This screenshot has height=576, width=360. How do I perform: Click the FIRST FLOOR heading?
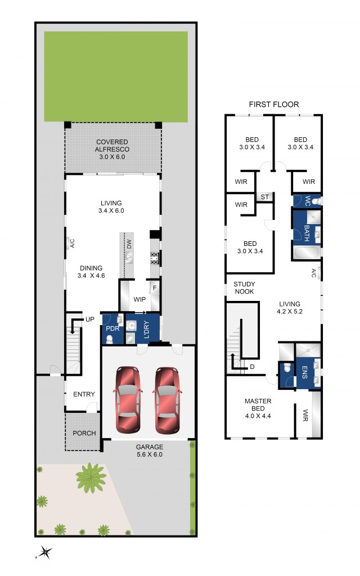click(x=274, y=104)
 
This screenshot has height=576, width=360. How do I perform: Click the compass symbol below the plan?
click(x=44, y=552)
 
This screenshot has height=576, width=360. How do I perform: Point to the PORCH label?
click(x=83, y=433)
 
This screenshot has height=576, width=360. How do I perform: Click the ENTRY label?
click(x=84, y=394)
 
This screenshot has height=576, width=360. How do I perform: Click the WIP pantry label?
click(x=139, y=300)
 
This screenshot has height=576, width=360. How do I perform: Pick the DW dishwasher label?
click(x=129, y=244)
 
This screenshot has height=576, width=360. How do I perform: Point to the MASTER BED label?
click(x=258, y=405)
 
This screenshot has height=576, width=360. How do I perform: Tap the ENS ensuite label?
click(x=305, y=373)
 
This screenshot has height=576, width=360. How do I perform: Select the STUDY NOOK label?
click(x=244, y=288)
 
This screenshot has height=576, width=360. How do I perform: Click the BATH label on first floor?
click(x=307, y=233)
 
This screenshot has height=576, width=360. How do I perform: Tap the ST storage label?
click(x=264, y=197)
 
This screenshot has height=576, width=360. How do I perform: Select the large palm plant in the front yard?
click(x=91, y=478)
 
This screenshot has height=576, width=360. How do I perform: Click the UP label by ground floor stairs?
click(x=90, y=319)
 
